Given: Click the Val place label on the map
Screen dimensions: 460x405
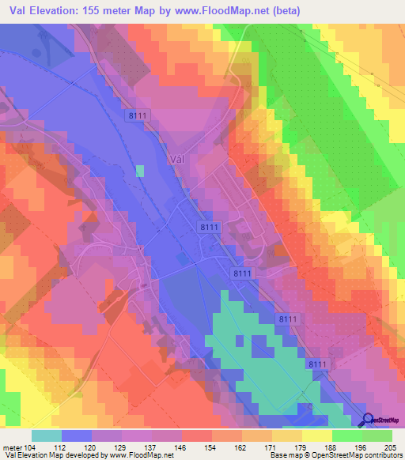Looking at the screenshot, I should [178, 158].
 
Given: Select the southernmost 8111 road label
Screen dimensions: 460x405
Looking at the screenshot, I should [317, 363].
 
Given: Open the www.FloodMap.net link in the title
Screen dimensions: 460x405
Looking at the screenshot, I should [255, 12].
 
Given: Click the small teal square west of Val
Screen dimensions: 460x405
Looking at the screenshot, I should [140, 170].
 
